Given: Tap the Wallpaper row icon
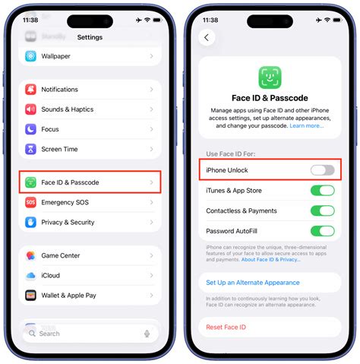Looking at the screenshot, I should [30, 56].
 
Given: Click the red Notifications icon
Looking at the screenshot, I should [30, 90].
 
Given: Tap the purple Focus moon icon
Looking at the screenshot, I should [30, 129].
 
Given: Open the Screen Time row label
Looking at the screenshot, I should [59, 149].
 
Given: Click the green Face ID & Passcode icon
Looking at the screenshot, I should [30, 182].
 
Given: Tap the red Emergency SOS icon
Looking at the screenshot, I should [30, 203].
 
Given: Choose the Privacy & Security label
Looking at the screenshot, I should [68, 223].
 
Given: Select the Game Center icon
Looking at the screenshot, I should [30, 256].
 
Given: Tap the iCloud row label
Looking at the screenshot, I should [51, 276].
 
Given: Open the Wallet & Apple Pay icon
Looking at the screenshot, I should [30, 296].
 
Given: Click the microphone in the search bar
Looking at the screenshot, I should [147, 334].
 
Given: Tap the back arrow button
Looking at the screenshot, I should [207, 37].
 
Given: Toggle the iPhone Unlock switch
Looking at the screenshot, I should [322, 169].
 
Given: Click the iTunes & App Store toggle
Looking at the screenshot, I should [322, 190].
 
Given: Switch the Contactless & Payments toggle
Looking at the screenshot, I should [322, 210].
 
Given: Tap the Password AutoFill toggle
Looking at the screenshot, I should [322, 231].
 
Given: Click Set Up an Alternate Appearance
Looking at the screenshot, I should [253, 283].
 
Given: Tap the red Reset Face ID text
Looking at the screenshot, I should [227, 327].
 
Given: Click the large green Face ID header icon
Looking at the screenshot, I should [270, 77].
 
